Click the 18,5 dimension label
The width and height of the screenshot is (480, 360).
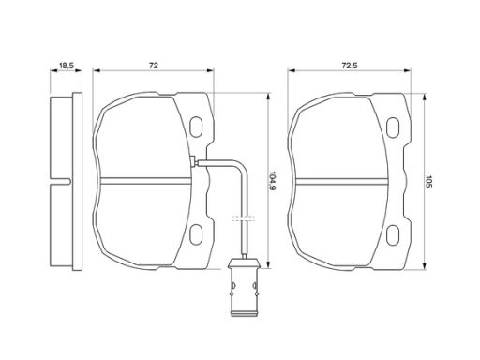(x=66, y=66)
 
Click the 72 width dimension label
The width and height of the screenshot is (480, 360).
(x=154, y=66)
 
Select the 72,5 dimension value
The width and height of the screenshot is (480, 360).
(x=350, y=66)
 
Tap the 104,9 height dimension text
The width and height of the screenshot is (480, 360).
(x=272, y=181)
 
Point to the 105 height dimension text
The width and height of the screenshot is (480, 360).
(x=427, y=181)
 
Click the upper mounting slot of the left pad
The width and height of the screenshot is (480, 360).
(x=196, y=127)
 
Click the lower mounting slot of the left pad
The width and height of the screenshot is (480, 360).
(x=196, y=234)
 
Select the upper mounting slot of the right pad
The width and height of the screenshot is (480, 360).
(x=393, y=127)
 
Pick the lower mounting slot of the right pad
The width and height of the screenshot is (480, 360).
(x=393, y=234)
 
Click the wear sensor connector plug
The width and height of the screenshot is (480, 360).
(x=244, y=287)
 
